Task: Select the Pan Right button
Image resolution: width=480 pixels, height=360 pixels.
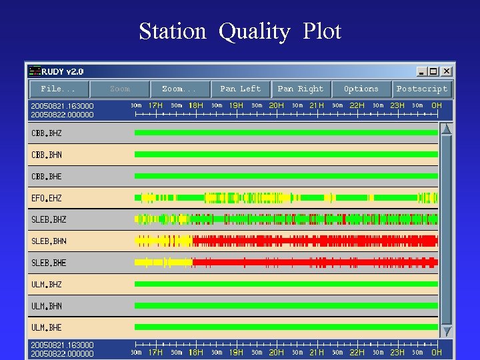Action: [300, 89]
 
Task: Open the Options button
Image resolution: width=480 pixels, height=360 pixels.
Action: [361, 89]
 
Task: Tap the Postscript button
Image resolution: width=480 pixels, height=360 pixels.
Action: [422, 89]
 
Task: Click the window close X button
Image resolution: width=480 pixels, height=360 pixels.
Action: [446, 71]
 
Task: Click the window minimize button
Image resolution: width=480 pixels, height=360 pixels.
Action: [421, 71]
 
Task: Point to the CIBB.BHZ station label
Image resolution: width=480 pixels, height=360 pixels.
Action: [47, 133]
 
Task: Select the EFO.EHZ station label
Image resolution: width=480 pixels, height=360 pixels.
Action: [46, 198]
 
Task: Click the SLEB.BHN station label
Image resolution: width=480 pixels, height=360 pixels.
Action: [49, 241]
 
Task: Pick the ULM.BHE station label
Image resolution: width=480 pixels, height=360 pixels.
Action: [47, 327]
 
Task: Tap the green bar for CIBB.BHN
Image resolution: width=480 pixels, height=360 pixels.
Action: [286, 154]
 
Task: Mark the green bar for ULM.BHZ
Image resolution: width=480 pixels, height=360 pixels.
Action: [286, 284]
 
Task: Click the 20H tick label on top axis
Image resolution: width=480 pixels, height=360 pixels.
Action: [276, 105]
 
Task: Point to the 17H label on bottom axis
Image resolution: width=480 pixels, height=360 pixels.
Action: [155, 352]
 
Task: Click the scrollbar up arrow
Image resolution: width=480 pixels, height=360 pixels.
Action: [447, 129]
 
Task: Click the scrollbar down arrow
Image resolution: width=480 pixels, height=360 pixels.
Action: [447, 331]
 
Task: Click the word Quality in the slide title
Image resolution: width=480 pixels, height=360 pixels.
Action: [254, 31]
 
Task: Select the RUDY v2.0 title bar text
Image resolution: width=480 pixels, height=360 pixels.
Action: [63, 71]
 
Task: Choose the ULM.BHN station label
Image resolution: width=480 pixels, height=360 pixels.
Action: [47, 306]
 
